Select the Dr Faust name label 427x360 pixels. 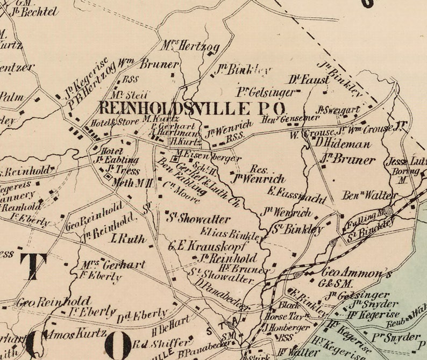click(309, 80)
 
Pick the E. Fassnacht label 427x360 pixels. click(296, 195)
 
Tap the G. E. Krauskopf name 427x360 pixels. click(208, 246)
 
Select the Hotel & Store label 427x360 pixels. click(114, 123)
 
